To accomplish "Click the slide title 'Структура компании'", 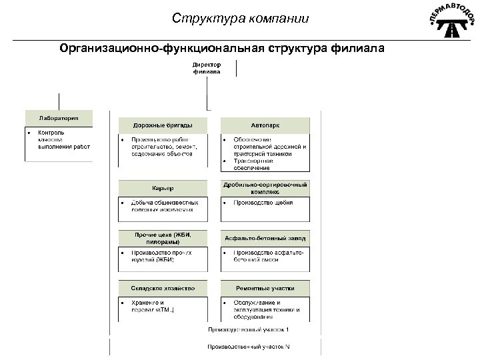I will [239, 18].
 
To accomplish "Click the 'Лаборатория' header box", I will [59, 118].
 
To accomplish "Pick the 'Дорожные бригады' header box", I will [163, 125].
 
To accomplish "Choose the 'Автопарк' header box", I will [265, 125].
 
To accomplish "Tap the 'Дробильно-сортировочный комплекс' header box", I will [265, 187].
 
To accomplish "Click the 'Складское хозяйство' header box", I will [163, 289].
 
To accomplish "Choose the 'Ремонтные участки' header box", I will [265, 289].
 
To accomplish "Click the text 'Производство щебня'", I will [263, 203].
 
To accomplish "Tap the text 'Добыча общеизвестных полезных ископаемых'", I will [162, 206].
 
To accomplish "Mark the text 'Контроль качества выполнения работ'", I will [63, 139].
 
